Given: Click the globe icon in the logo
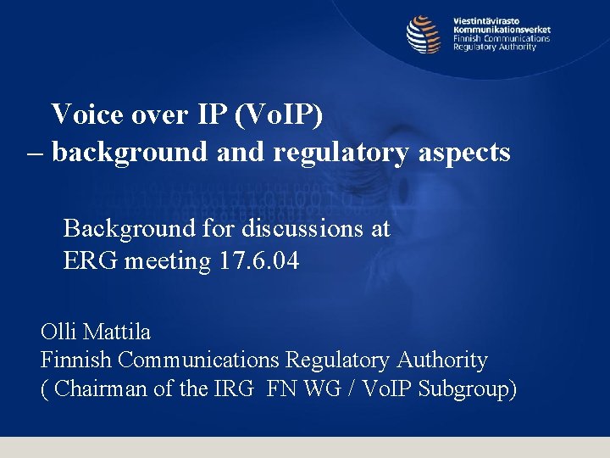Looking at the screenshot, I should pyautogui.click(x=424, y=35).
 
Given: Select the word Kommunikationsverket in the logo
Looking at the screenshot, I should pyautogui.click(x=502, y=29).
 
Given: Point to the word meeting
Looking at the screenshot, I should pyautogui.click(x=167, y=261).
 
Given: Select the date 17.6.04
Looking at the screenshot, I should pyautogui.click(x=258, y=261).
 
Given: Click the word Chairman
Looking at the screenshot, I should pyautogui.click(x=95, y=389).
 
